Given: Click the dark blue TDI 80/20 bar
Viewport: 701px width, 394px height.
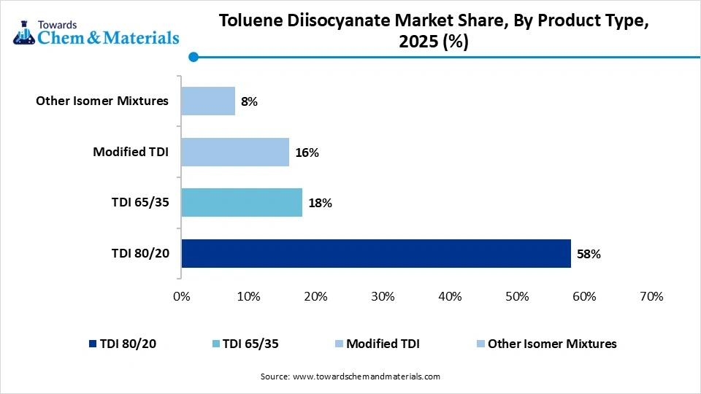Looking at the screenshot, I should (375, 253).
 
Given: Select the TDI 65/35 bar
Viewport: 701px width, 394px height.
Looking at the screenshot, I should (241, 203).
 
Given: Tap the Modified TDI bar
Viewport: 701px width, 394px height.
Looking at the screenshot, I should (234, 152).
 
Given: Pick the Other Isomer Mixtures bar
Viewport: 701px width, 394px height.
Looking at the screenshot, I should (207, 101).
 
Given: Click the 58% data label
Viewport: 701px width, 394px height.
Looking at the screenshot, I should (589, 254).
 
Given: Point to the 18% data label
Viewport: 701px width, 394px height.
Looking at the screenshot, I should (321, 204).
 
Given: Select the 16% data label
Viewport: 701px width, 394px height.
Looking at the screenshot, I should (307, 152).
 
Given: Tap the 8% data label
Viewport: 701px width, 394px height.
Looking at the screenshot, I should (250, 102).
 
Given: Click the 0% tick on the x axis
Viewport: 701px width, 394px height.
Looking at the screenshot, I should (181, 297).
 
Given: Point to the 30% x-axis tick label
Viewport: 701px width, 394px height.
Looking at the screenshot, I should (383, 297).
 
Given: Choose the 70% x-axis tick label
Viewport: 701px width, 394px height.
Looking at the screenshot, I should (651, 297).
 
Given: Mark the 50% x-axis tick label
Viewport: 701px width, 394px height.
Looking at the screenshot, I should (517, 297).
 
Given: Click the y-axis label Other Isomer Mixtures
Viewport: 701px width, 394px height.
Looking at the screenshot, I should (102, 101).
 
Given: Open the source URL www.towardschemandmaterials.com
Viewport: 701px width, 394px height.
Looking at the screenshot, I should (366, 376).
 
